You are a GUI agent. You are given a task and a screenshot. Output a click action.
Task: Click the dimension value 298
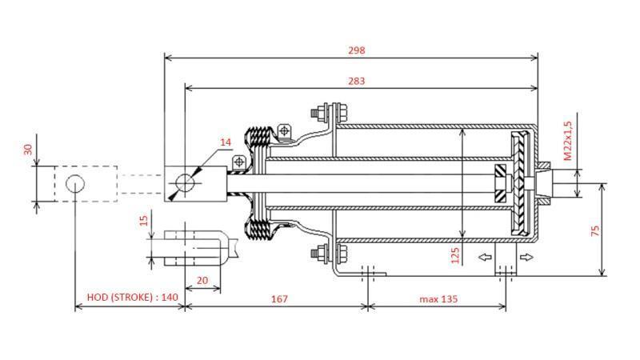[357, 50]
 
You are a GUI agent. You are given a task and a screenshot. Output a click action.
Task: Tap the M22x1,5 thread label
[568, 141]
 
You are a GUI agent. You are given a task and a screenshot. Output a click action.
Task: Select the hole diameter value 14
[226, 142]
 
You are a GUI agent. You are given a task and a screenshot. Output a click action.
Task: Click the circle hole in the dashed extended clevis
[74, 183]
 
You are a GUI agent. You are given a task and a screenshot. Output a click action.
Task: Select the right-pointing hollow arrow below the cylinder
[525, 257]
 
